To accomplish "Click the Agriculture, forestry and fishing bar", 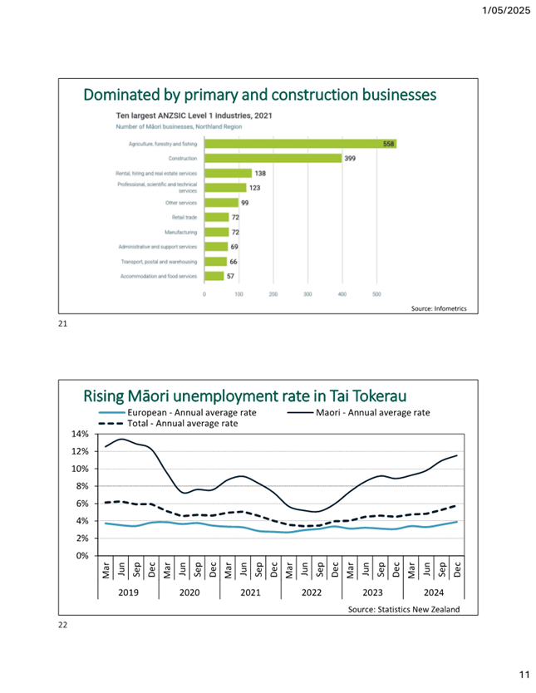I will click(x=301, y=144).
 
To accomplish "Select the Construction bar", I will click(x=273, y=158).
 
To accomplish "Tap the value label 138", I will click(x=259, y=173).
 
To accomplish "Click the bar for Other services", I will click(x=221, y=203).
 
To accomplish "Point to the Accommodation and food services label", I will click(x=159, y=276).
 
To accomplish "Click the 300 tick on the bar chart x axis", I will click(x=307, y=294).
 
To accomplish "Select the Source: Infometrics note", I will click(x=439, y=309).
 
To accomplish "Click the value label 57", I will click(x=232, y=276).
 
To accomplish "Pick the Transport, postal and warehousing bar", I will click(x=215, y=262).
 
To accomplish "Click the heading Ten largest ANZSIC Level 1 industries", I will click(x=194, y=116).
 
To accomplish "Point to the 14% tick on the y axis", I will click(x=80, y=434).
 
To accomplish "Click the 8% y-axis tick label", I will click(x=81, y=486).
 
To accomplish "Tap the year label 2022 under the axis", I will click(x=312, y=593).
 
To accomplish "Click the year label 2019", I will click(x=128, y=593).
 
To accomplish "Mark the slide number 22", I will click(x=62, y=626).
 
